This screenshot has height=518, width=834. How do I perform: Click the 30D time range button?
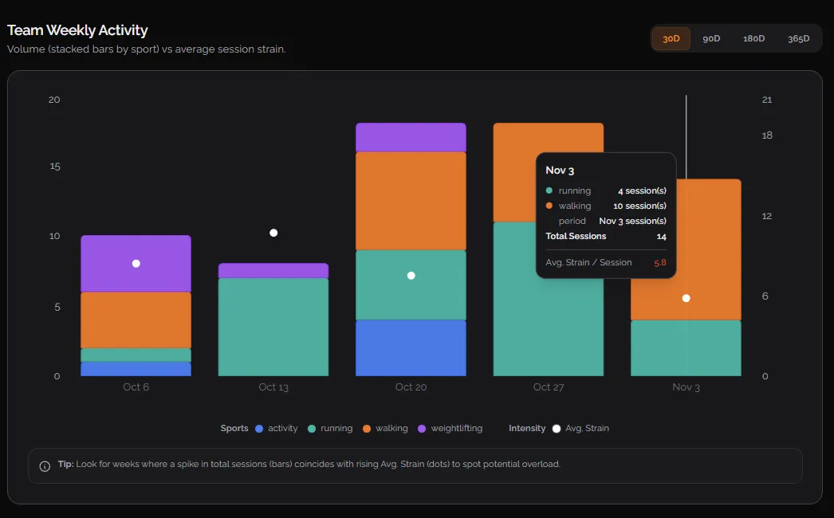[671, 38]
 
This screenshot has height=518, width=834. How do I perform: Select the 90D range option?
[711, 38]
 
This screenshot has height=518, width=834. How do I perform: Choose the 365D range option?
[798, 38]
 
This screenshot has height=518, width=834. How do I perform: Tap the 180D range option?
[753, 38]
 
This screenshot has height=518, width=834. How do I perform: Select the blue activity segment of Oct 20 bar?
[411, 347]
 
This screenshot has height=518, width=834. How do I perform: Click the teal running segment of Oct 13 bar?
[273, 327]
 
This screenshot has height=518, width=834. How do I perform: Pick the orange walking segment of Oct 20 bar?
[411, 201]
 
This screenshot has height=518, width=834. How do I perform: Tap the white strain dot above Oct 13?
[273, 233]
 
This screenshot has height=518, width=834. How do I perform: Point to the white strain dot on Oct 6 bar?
[136, 263]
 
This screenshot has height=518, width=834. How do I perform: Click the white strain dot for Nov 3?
[686, 298]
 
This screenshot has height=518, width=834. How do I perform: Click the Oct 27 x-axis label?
[549, 387]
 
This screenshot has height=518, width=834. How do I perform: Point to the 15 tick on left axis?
[54, 167]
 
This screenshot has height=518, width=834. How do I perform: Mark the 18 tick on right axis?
[767, 135]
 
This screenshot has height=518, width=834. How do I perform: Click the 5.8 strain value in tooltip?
[659, 263]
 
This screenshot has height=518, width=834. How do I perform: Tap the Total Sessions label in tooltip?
[576, 237]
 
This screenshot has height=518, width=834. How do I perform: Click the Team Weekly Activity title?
[77, 30]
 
